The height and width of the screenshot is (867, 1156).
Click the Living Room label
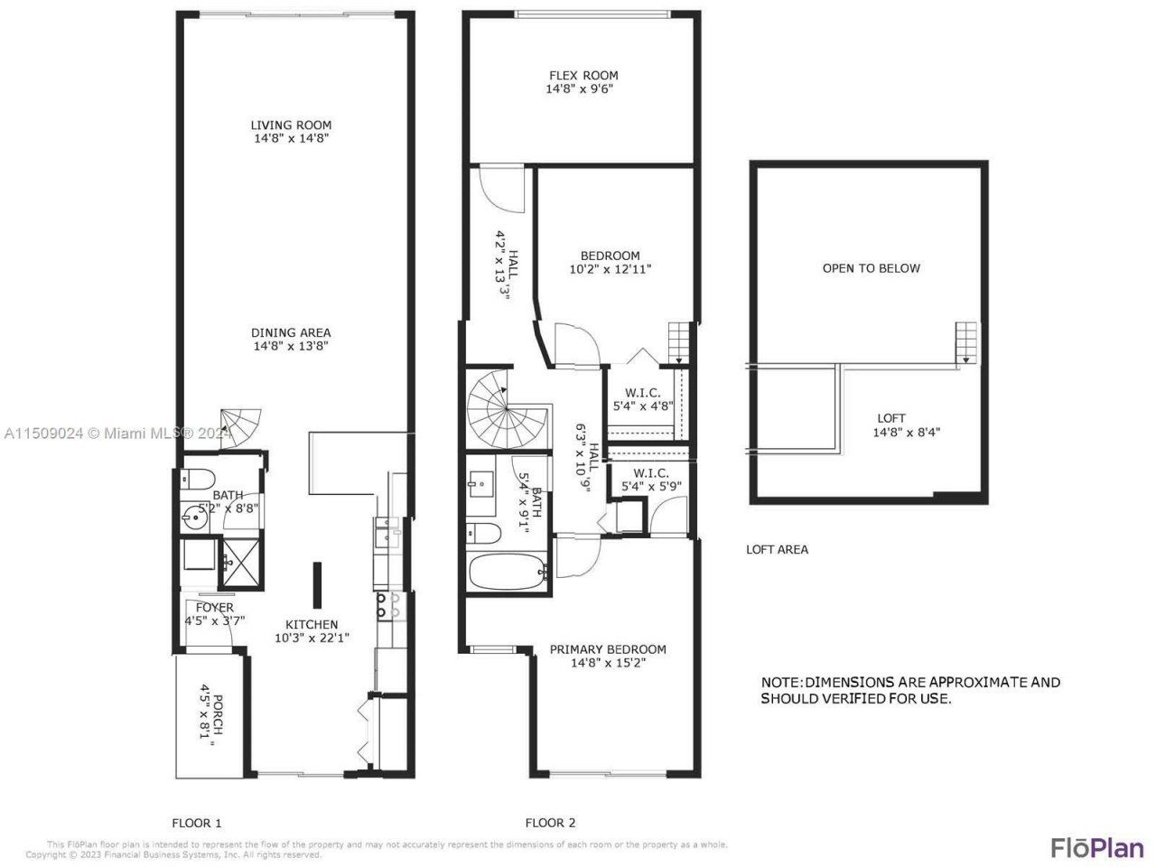[291, 126]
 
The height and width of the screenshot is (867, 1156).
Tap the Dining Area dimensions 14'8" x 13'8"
[291, 346]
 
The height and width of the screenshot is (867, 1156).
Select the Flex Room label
[583, 76]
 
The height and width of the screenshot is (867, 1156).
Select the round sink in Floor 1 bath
[193, 517]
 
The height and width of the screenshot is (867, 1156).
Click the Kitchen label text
[312, 624]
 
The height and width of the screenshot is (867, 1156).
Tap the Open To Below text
[871, 268]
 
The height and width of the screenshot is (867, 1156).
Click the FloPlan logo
[1096, 847]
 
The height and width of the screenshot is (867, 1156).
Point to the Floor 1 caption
[197, 823]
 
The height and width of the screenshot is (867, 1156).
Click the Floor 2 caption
[550, 823]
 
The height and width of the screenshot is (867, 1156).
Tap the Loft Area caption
[777, 549]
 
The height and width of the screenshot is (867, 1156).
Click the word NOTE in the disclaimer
[779, 682]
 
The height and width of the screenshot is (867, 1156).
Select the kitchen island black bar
[318, 584]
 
